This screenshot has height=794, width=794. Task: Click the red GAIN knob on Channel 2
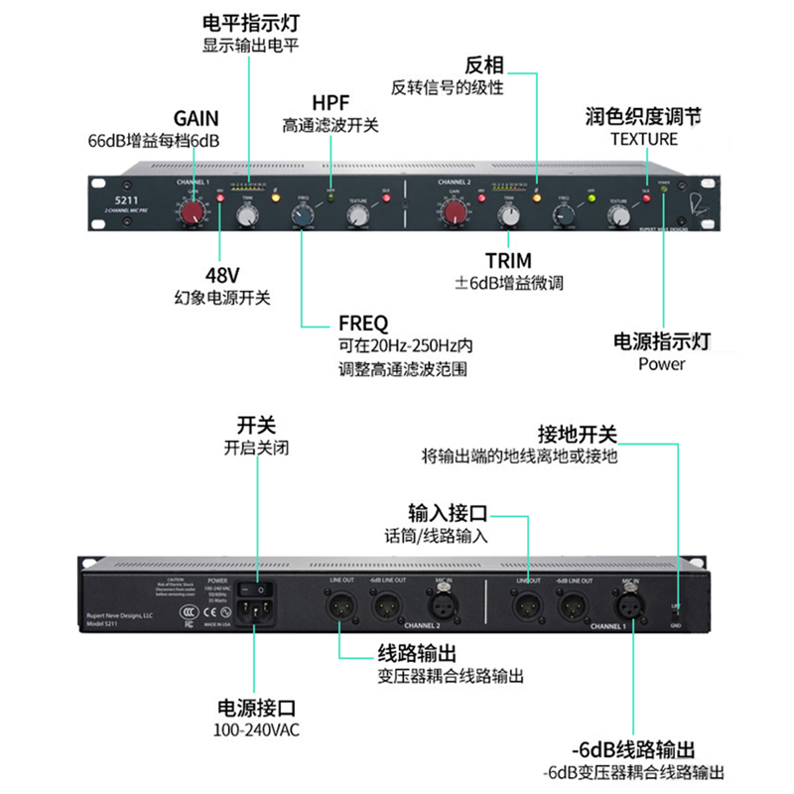(455, 211)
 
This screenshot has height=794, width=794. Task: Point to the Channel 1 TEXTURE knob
(356, 214)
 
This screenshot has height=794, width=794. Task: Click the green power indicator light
(663, 190)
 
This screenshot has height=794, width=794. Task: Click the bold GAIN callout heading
(196, 119)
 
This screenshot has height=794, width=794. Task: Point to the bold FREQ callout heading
(363, 324)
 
